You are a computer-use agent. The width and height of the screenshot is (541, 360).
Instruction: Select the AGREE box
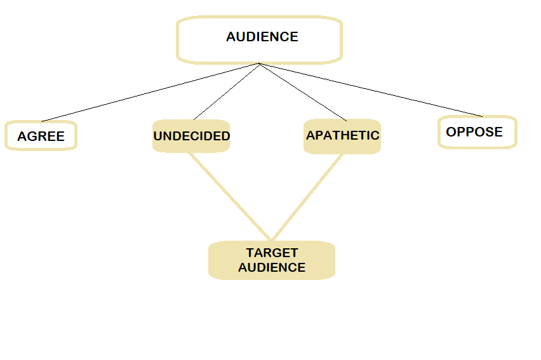click(x=41, y=136)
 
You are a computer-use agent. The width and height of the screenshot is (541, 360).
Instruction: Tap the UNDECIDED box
click(x=191, y=136)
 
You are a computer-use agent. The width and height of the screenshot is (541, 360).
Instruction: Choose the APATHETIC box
click(x=342, y=136)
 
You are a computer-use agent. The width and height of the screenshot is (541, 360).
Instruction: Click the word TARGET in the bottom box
click(x=272, y=253)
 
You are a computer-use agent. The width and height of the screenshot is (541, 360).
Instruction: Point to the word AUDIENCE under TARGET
click(x=272, y=267)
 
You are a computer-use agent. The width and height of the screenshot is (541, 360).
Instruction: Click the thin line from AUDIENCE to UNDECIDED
click(x=227, y=91)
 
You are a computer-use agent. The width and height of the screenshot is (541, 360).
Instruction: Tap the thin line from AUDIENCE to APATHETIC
click(x=302, y=91)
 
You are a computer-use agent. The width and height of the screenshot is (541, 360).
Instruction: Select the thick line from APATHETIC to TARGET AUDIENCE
click(x=307, y=197)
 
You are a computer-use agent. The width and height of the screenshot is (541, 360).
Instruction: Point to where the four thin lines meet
click(x=260, y=63)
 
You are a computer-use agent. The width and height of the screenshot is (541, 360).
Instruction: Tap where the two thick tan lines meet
click(x=270, y=240)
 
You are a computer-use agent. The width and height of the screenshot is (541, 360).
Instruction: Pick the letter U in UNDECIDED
click(x=158, y=136)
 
